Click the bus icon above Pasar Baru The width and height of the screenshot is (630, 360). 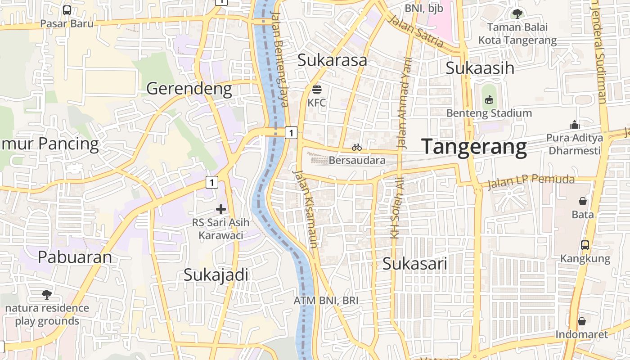(67, 10)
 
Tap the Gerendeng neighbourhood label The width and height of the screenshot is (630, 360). (189, 89)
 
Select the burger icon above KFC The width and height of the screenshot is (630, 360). (316, 89)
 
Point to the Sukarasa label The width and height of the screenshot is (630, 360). (332, 60)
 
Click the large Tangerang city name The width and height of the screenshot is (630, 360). (474, 147)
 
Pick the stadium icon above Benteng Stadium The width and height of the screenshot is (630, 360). (489, 99)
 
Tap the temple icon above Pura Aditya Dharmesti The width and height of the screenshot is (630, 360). (574, 124)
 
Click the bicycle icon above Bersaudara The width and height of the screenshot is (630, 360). (357, 147)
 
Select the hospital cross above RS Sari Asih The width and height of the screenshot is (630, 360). (221, 209)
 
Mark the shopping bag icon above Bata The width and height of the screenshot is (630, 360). (583, 201)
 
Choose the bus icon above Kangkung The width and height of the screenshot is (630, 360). (585, 245)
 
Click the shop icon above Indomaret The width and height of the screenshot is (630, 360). (581, 321)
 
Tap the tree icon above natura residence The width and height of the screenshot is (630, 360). (46, 295)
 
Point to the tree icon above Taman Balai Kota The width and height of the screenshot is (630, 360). (517, 13)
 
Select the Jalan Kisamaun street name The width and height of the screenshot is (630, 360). (306, 209)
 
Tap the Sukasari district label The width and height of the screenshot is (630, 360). (414, 264)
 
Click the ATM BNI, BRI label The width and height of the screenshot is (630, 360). (326, 300)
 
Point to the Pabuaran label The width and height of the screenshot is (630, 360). (75, 257)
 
